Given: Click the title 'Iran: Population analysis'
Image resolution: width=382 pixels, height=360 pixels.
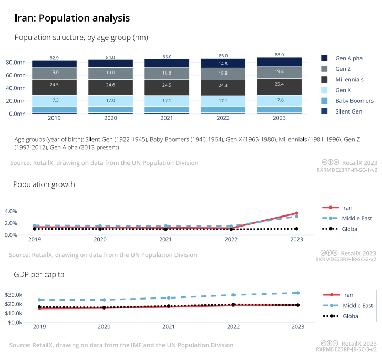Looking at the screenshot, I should tap(72, 18).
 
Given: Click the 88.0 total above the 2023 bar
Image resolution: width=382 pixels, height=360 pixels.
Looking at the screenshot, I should tap(279, 54).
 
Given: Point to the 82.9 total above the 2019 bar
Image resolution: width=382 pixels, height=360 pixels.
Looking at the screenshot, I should tap(54, 57).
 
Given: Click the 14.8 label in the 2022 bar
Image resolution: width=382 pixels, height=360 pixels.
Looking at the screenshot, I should tap(223, 64).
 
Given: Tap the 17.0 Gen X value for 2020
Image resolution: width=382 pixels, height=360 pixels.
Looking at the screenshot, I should tap(110, 100).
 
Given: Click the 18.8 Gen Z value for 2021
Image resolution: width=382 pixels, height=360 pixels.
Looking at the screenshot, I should tap(167, 73).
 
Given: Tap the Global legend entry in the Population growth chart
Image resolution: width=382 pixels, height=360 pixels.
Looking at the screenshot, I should tap(350, 229).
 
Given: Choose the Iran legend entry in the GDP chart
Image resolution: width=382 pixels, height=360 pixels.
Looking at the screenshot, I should tap(347, 295).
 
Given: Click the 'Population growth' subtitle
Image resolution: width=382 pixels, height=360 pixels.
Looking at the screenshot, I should tap(44, 184).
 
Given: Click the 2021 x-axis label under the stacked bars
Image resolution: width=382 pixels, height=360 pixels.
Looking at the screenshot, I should tap(167, 118).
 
